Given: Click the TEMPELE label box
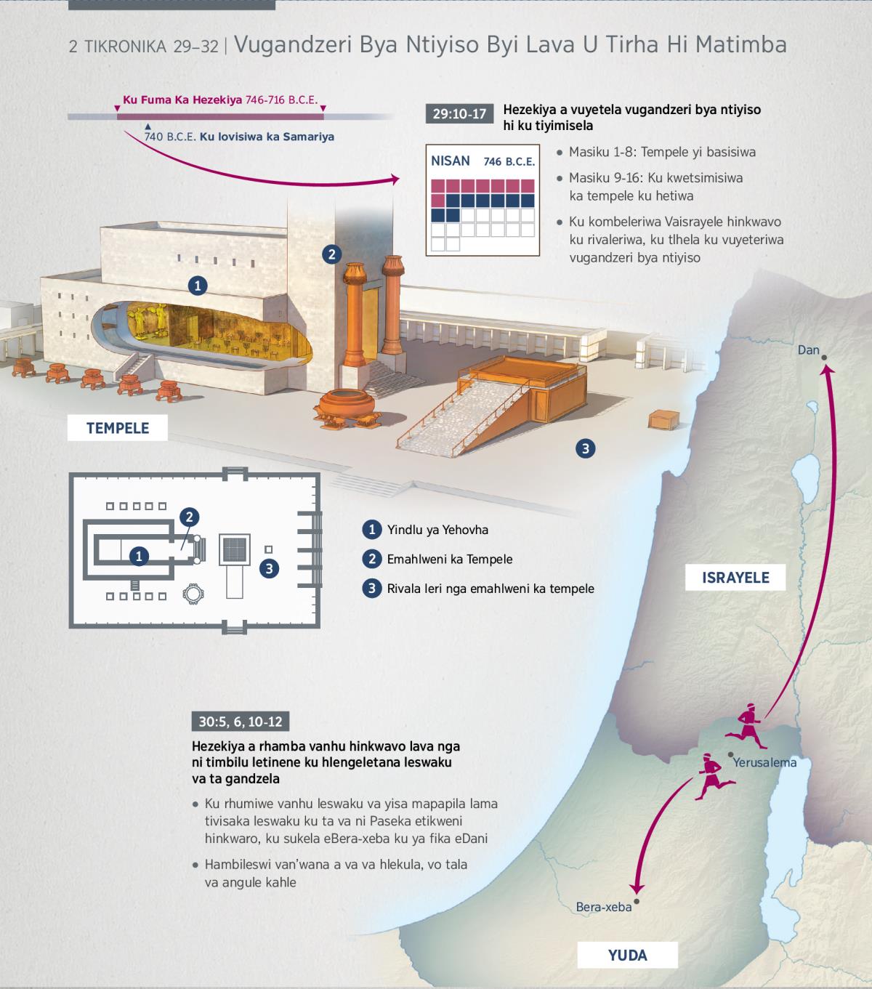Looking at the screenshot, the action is point(118,427).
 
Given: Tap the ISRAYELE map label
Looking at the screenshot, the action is point(735,578).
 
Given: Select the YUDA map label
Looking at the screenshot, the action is point(627,954).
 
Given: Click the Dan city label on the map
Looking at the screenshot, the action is point(808,350).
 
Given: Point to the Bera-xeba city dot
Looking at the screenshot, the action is point(636,902).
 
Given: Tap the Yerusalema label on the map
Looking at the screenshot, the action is point(764,762).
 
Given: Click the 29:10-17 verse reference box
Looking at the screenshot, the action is point(459,114).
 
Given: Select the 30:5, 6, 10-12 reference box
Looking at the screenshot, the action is point(241,722).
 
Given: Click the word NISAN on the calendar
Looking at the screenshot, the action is point(450,161).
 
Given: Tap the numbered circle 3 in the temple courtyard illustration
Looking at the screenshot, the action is point(586,448).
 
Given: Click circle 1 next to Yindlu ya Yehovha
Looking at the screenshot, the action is point(372,530).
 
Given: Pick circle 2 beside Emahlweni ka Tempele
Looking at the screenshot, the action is point(372,559).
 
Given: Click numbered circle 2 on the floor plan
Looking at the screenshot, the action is point(190,517).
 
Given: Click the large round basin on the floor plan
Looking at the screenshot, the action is point(193,594).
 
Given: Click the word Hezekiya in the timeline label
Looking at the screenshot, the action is point(217,100).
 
